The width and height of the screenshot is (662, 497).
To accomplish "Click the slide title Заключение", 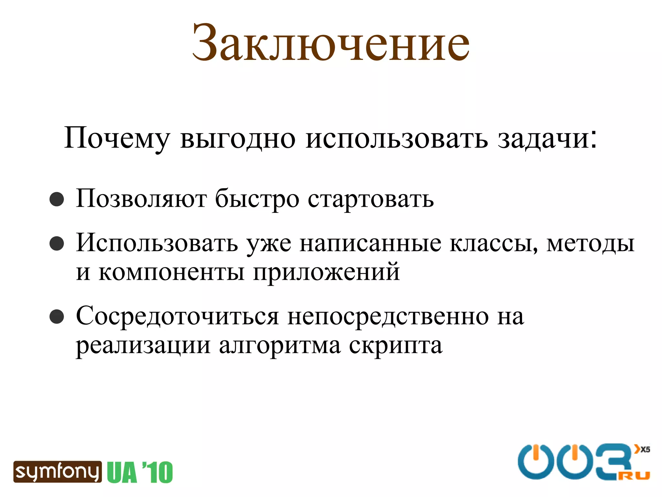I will click(331, 43).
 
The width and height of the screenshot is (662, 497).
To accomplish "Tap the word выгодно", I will click(238, 138).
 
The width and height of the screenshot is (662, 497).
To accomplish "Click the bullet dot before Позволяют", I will click(57, 199).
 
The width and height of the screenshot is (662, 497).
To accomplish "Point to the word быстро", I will click(257, 199).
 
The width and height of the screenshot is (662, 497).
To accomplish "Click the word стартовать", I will click(370, 199).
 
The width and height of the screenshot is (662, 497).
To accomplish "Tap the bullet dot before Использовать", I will click(57, 244).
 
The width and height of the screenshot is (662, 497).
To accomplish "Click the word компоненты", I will click(171, 272).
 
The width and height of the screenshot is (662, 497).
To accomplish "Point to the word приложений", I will click(326, 272).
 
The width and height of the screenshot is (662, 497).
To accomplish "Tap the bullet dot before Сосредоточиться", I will click(57, 316).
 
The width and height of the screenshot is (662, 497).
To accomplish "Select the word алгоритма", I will click(280, 346).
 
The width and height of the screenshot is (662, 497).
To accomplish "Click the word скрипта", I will click(396, 346).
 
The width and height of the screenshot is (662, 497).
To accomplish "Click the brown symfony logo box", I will click(57, 472).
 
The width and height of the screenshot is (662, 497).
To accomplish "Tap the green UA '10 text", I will click(140, 472).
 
